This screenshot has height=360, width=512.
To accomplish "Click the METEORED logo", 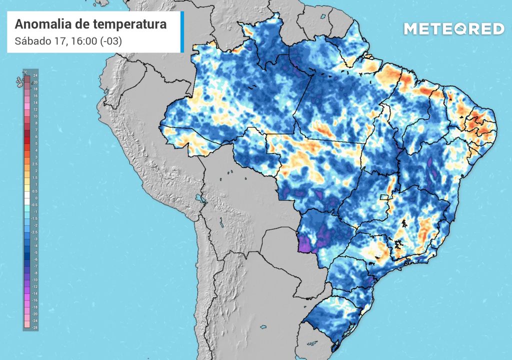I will tap(453, 29).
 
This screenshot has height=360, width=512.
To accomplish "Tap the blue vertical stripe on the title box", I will tap(182, 32).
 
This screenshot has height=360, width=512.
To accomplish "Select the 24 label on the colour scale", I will tap(35, 75).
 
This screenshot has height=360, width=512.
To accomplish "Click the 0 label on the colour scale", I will tap(35, 198).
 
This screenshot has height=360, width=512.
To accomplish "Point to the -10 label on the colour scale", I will tap(35, 280).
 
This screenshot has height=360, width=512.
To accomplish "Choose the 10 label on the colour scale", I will tap(35, 115).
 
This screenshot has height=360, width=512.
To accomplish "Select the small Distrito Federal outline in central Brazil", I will tap(384, 197).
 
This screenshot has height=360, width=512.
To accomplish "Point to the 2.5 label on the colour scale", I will tap(35, 163).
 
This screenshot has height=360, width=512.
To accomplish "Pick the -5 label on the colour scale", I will tap(35, 253).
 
